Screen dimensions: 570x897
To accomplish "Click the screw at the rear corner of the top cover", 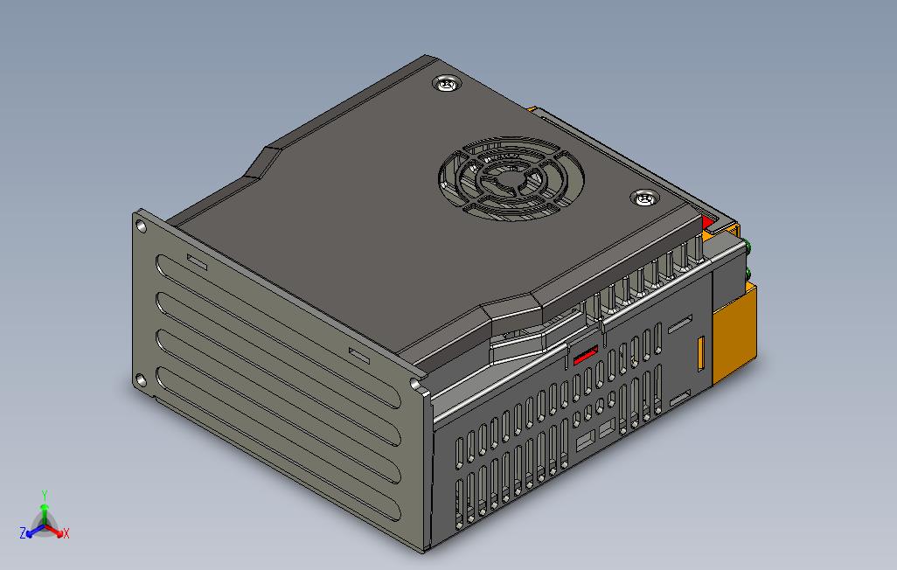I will tap(447, 84).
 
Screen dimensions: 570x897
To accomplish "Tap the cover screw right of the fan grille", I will tap(645, 198).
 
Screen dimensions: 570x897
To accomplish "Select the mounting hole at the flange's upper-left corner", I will tap(140, 226).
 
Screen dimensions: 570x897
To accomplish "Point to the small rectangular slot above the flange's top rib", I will tap(196, 262).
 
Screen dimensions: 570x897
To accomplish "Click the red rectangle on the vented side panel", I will tap(584, 353).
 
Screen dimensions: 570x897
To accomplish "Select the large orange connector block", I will tap(734, 337).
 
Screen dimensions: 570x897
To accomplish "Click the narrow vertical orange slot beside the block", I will tap(700, 353).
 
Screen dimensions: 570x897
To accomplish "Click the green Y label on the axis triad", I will tap(45, 494).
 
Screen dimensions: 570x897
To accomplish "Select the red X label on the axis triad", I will tap(66, 533).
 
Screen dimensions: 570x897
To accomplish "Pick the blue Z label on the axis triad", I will tap(23, 532).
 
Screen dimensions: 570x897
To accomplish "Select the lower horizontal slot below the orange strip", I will tap(679, 399).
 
